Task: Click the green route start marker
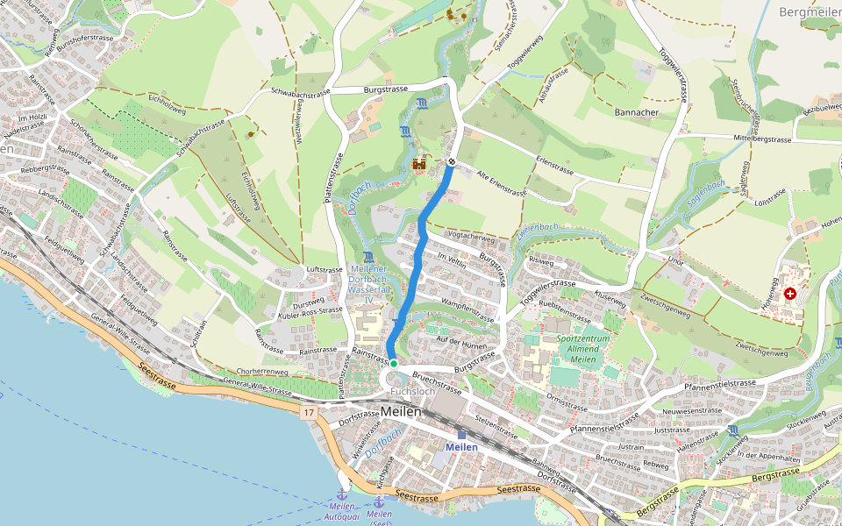coord(394,363)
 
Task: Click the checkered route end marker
coord(451,162)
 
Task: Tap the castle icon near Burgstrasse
coord(419,163)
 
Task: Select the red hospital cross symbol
coord(790,294)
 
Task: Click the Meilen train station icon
coord(462,434)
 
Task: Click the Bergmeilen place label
coord(809,11)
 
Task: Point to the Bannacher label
coord(637,112)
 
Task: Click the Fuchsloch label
coord(412,392)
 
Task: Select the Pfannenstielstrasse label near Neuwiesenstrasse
coord(721,383)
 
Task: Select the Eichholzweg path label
coord(167,103)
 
